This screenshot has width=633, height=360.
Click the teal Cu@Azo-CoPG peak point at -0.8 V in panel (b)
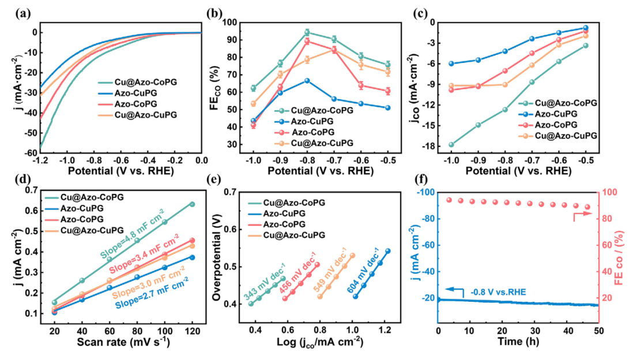[307, 32]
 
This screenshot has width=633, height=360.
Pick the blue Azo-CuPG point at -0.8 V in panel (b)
[307, 80]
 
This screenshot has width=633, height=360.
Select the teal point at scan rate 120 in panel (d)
[192, 204]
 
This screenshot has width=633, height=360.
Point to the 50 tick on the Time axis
[598, 331]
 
